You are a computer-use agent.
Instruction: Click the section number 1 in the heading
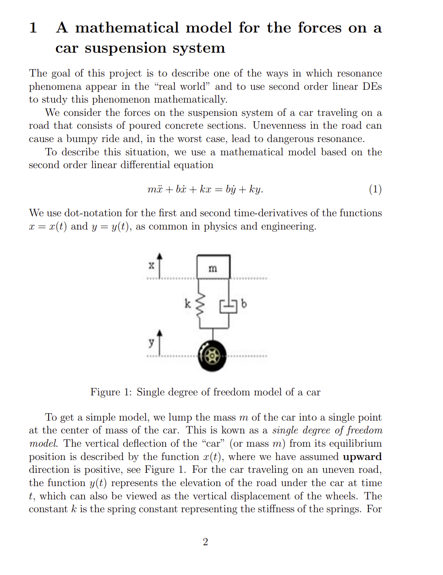pyautogui.click(x=33, y=28)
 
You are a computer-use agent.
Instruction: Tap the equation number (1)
pyautogui.click(x=375, y=189)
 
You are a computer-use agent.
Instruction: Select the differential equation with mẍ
pyautogui.click(x=205, y=189)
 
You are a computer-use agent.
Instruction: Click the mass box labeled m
pyautogui.click(x=213, y=268)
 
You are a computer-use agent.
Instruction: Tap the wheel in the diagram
pyautogui.click(x=212, y=356)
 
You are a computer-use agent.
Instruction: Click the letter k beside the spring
pyautogui.click(x=187, y=303)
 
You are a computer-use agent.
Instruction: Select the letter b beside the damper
pyautogui.click(x=244, y=303)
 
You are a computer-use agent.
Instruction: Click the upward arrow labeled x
pyautogui.click(x=159, y=265)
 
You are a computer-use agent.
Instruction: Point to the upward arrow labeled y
pyautogui.click(x=159, y=342)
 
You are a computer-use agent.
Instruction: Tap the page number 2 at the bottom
pyautogui.click(x=205, y=542)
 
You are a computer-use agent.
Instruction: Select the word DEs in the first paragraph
pyautogui.click(x=372, y=87)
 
